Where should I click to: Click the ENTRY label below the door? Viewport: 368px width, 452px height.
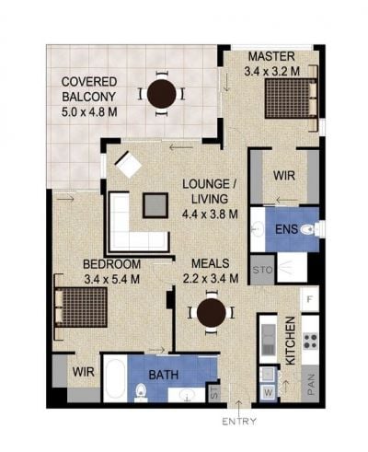pos(238,422)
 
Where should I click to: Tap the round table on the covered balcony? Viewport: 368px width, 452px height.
pos(162,94)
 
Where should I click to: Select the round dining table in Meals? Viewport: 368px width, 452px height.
pos(212,313)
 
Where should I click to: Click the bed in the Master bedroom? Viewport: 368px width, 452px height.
pos(291,99)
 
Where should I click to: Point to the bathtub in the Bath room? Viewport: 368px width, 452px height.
pos(115,377)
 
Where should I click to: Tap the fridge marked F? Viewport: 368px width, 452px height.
pos(309,298)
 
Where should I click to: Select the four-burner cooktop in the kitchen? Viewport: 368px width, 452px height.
pos(310,342)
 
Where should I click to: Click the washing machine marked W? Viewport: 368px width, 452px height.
pos(269,392)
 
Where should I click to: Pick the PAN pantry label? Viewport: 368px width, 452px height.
pos(310,384)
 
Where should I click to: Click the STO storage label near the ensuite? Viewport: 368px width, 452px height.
pos(262,270)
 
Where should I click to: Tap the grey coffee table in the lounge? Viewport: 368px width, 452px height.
pos(155,205)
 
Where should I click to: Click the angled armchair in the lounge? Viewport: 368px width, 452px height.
pos(128,165)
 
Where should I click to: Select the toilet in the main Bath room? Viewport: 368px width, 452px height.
pos(141,392)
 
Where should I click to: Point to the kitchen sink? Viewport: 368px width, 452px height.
pos(269,340)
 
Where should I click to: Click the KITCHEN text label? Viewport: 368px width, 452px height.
pos(290,341)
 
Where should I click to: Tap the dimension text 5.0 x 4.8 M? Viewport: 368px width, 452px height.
pos(89,112)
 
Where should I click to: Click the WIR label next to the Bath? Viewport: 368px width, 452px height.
pos(83,372)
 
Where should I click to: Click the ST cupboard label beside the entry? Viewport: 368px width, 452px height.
pos(214,394)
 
